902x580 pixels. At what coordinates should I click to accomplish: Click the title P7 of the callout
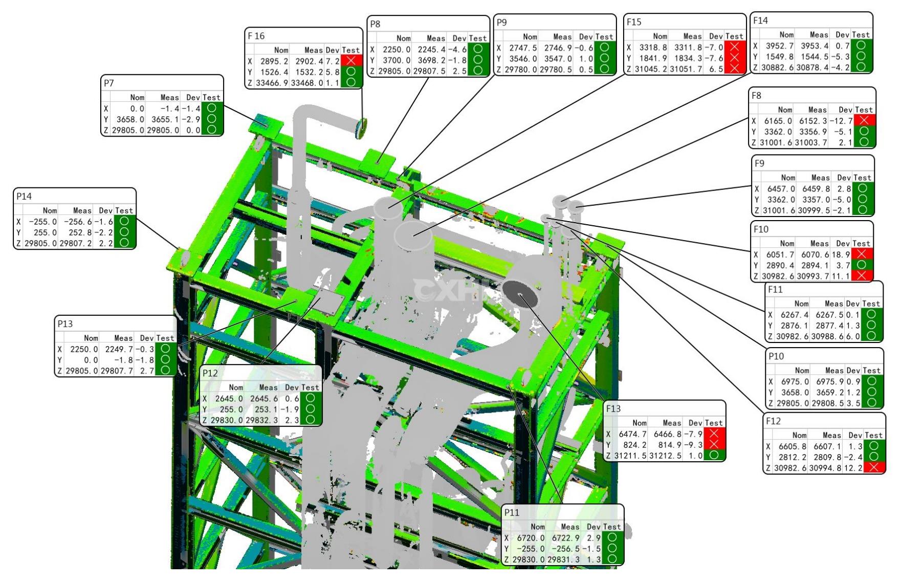coord(108,83)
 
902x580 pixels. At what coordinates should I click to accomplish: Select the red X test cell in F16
coord(351,60)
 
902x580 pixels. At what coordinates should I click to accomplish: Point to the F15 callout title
coord(634,22)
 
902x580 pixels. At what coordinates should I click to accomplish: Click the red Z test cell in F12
coord(874,467)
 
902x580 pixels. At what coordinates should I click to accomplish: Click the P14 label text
coord(24,196)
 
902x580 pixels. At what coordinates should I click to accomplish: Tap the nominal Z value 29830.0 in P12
coord(226,420)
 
